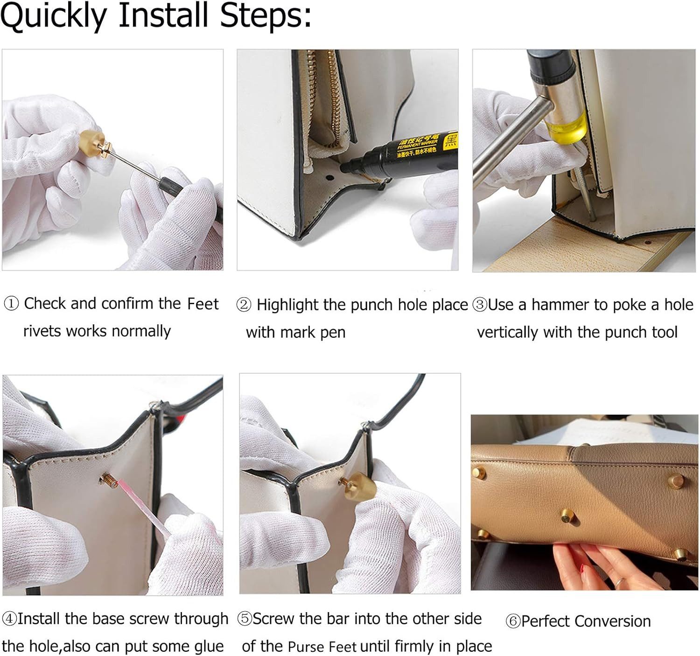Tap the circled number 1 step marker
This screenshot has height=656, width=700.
[x=11, y=304]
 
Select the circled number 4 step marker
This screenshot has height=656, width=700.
[x=9, y=619]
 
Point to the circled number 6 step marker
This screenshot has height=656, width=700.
[x=513, y=621]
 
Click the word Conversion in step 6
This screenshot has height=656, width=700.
[x=612, y=621]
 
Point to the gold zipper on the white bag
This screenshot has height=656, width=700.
[x=326, y=99]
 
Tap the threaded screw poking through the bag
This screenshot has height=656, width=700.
[x=109, y=481]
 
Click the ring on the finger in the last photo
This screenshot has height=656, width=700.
[x=619, y=582]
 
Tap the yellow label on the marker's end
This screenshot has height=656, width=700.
[x=450, y=140]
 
